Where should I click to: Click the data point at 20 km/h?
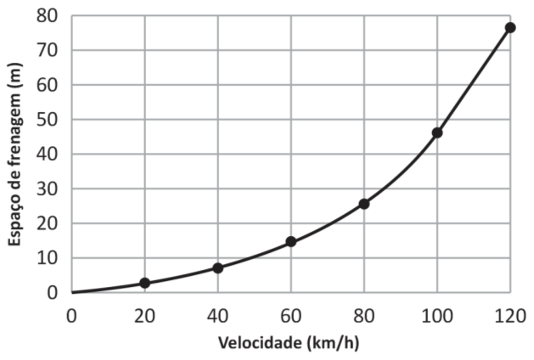[145, 283]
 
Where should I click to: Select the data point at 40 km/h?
[218, 267]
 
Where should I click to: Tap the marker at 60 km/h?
[291, 242]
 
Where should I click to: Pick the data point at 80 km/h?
[364, 204]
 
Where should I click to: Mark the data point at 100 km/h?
[437, 132]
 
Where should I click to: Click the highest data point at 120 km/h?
[510, 28]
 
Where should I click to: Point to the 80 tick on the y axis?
[48, 16]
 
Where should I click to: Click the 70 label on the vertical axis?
[48, 51]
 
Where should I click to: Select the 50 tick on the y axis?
[48, 120]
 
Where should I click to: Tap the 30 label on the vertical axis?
[48, 189]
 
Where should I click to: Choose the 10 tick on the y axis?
[48, 258]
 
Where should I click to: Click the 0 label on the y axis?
[53, 293]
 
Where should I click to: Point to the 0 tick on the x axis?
[72, 315]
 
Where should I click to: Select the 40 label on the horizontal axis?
[218, 315]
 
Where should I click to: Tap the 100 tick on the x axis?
[437, 315]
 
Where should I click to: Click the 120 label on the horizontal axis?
[510, 315]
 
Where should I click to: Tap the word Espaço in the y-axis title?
[15, 221]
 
